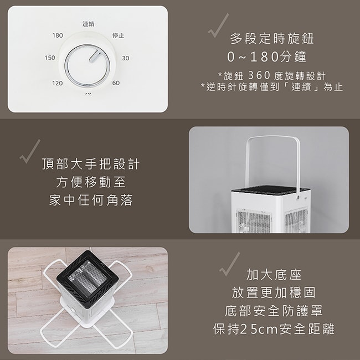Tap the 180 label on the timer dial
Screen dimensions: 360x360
[x=58, y=35]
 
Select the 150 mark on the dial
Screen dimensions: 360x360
[x=49, y=58]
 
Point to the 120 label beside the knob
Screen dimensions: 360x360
[x=57, y=83]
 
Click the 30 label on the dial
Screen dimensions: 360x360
[x=126, y=58]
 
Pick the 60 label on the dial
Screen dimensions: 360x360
[x=116, y=83]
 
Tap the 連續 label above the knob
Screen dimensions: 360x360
[x=88, y=24]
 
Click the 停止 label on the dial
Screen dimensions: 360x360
[x=118, y=35]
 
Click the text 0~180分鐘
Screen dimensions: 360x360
[x=267, y=56]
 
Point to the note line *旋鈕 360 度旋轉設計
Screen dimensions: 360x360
[x=272, y=75]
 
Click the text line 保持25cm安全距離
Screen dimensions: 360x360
[x=274, y=329]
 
